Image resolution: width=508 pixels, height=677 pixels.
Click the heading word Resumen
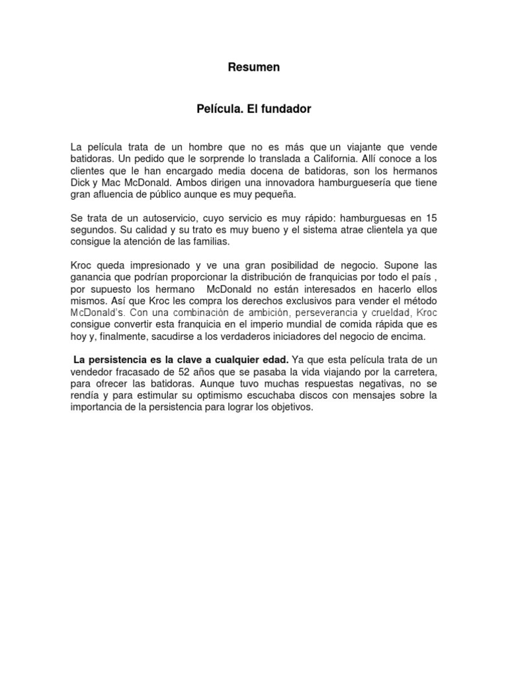[x=254, y=67]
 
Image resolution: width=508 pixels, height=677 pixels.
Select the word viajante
[x=369, y=146]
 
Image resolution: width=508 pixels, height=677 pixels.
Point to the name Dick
[x=80, y=183]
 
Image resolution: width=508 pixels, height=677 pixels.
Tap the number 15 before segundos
[x=431, y=219]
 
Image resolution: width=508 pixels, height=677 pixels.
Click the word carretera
[x=412, y=373]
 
